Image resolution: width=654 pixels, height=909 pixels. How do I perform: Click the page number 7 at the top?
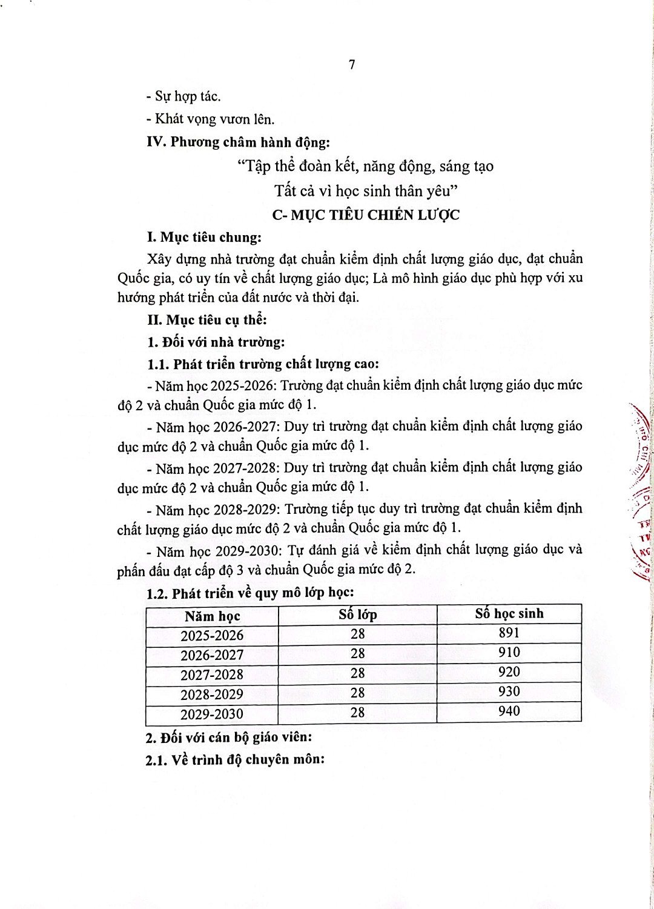point(352,65)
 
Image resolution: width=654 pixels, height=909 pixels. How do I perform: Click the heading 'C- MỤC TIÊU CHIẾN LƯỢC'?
point(366,215)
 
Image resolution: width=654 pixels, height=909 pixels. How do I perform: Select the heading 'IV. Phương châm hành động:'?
point(238,142)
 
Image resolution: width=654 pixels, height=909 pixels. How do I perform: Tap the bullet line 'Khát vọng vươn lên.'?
point(210,119)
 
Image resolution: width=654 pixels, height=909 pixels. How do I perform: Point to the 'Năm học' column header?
point(213,616)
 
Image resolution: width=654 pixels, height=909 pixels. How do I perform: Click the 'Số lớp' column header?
point(358,614)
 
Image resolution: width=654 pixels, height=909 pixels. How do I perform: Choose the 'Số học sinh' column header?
point(509,613)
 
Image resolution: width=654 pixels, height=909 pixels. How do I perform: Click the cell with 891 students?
point(509,633)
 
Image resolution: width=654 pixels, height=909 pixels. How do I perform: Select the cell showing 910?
point(509,652)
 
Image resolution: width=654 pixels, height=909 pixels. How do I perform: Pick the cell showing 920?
point(509,671)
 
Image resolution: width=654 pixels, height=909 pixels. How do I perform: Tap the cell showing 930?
point(509,691)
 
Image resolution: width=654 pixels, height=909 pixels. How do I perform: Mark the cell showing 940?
point(509,711)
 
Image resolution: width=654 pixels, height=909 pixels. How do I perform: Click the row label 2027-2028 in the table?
point(212,674)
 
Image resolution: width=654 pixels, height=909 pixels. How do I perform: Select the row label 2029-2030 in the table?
point(212,714)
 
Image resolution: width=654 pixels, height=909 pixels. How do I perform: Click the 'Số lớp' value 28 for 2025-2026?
point(358,634)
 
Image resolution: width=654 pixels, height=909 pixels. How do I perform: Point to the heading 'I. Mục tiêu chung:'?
point(205,237)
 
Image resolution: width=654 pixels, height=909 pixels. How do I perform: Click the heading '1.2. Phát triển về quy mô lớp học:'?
point(250,593)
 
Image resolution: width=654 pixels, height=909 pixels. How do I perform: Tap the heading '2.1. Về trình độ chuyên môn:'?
point(235,760)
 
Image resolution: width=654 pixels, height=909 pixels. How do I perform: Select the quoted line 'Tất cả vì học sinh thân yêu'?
point(366,191)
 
